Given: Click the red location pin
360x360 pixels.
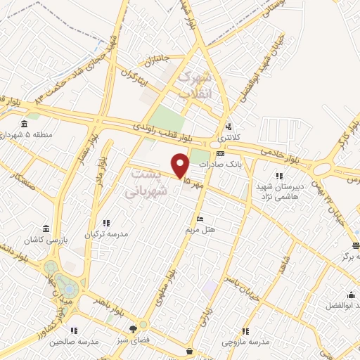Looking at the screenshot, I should point(181,166).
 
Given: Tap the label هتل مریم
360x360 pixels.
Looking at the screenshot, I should point(200,230).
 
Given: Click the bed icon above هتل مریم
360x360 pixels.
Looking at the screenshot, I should point(201,219).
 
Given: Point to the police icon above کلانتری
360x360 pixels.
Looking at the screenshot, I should point(229,127).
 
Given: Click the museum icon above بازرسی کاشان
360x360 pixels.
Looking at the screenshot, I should point(46,229).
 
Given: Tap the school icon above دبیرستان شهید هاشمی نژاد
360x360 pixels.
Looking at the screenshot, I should point(280,176).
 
